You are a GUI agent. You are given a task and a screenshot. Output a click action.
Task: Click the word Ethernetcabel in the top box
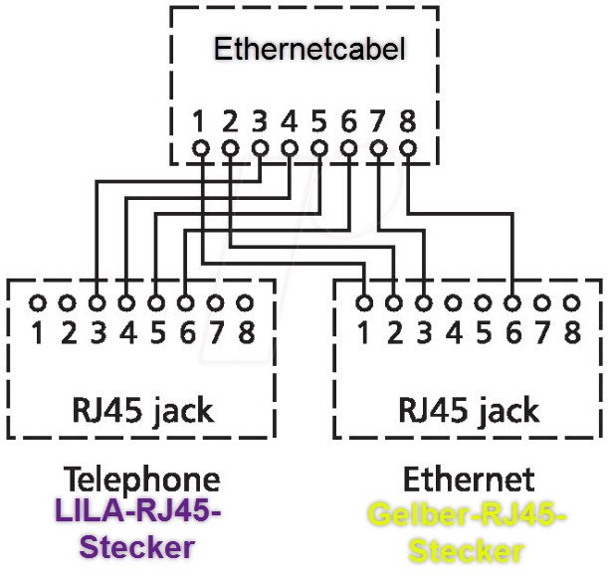[310, 49]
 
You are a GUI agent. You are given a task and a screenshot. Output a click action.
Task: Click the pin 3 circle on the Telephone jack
[97, 300]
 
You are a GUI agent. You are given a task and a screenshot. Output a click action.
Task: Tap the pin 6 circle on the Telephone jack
[186, 300]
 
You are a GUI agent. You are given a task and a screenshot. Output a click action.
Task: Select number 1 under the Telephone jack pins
[37, 332]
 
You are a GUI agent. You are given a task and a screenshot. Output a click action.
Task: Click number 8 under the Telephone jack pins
[246, 332]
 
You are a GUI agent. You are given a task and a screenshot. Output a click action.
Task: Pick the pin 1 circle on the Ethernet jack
[364, 300]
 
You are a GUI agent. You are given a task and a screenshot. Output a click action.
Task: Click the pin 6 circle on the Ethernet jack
[512, 300]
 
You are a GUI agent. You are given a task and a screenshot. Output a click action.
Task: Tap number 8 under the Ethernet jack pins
[572, 332]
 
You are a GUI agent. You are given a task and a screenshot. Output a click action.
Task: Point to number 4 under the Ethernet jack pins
[454, 332]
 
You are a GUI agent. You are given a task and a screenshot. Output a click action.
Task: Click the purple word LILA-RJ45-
[136, 513]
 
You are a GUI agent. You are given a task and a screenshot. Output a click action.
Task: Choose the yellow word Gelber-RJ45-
[467, 517]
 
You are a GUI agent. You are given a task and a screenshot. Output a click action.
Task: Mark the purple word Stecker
[136, 546]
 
